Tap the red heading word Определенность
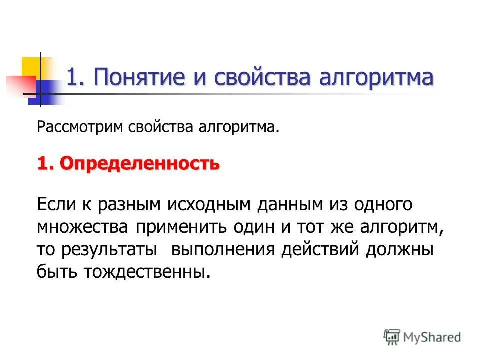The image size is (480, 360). point(139,164)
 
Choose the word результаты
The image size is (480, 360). point(111,249)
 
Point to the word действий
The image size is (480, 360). point(320,249)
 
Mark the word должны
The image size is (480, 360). point(399,249)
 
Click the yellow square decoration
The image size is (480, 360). point(31,67)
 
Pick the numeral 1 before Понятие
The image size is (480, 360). point(72,78)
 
